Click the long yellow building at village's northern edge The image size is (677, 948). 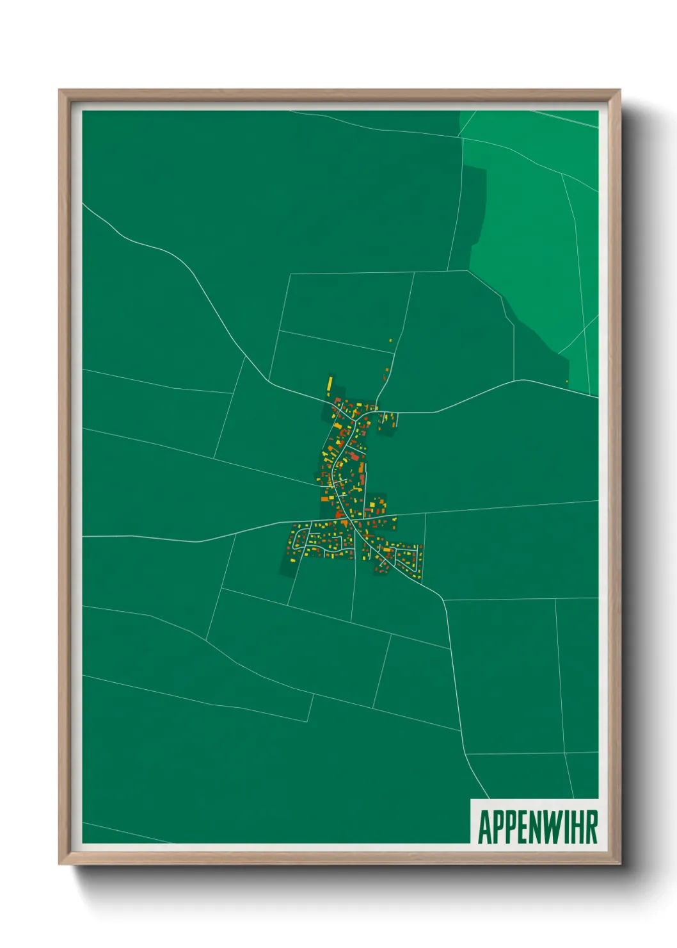pyautogui.click(x=330, y=384)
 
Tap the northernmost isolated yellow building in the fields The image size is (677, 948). pyautogui.click(x=390, y=341)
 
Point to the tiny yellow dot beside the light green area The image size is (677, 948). pyautogui.click(x=567, y=382)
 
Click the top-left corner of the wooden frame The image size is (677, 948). pyautogui.click(x=60, y=90)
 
